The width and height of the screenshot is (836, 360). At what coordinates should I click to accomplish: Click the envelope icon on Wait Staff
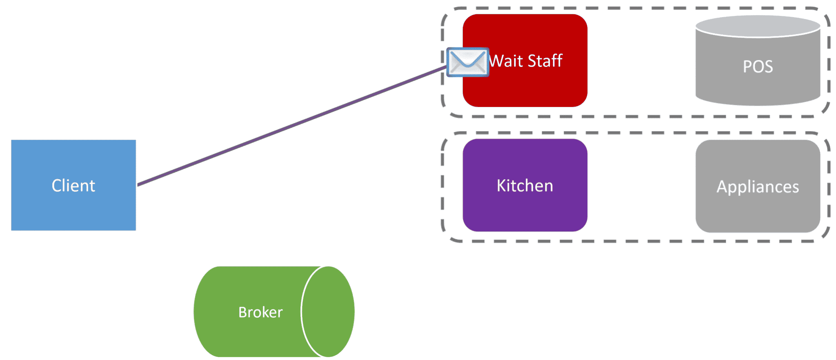pos(467,62)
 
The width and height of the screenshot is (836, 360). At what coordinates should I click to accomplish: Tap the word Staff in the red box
pos(545,61)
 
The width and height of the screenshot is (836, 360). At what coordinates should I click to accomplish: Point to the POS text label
pos(758,67)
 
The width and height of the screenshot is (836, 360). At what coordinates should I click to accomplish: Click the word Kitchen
pos(525,186)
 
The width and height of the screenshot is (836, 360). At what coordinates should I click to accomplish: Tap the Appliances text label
pos(758,187)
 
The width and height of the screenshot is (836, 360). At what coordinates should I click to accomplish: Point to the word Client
pos(73,186)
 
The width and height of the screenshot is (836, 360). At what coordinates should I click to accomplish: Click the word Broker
pos(260,312)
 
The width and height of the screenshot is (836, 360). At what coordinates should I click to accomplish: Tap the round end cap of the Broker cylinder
pos(329,312)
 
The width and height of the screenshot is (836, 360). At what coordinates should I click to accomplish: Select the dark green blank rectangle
pos(155,59)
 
